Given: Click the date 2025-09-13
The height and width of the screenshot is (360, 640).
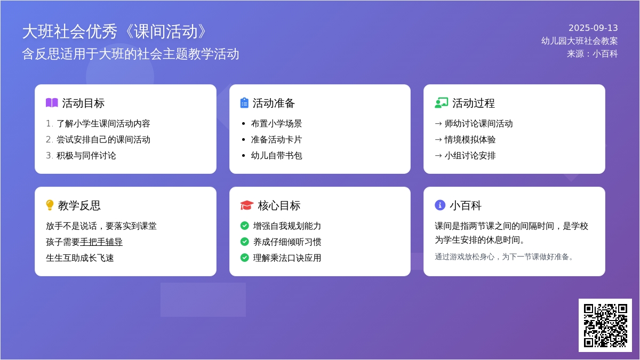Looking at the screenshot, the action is click(593, 28).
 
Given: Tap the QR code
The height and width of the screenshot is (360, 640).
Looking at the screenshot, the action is click(605, 325).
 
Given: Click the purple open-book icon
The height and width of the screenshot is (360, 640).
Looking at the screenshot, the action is click(52, 103).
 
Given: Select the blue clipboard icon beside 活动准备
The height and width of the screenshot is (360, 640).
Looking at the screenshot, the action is click(244, 103).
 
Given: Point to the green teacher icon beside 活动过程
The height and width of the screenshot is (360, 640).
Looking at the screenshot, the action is click(442, 103).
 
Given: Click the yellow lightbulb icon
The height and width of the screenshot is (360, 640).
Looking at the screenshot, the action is click(50, 205).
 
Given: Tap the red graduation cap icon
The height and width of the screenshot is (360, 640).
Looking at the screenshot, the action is click(247, 205).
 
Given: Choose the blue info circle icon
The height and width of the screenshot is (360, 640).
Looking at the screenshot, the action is click(440, 205).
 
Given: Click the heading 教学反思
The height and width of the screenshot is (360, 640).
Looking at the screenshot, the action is click(79, 205).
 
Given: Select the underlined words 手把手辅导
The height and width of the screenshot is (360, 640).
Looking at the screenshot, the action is click(101, 242).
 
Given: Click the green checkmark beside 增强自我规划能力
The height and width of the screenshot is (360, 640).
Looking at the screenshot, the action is click(245, 226).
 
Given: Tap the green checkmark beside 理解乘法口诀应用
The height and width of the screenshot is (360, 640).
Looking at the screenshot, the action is click(245, 258).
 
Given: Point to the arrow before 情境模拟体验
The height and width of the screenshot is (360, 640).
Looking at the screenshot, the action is click(438, 140).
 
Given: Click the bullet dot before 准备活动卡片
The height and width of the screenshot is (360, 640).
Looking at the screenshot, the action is click(243, 140).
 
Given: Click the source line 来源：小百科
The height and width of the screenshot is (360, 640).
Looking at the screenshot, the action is click(593, 54).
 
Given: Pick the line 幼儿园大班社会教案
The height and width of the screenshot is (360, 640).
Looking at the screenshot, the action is click(579, 41).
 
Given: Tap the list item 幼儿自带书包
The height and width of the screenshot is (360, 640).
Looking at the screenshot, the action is click(277, 156).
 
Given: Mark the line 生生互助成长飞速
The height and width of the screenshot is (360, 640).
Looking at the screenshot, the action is click(79, 258).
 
